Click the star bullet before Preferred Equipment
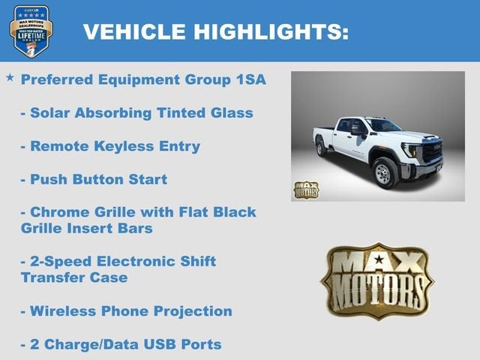pyautogui.click(x=10, y=77)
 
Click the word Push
pyautogui.click(x=48, y=180)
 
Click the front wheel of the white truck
pyautogui.click(x=384, y=173)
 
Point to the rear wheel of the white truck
pyautogui.click(x=322, y=147)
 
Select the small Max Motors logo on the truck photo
pyautogui.click(x=305, y=190)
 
